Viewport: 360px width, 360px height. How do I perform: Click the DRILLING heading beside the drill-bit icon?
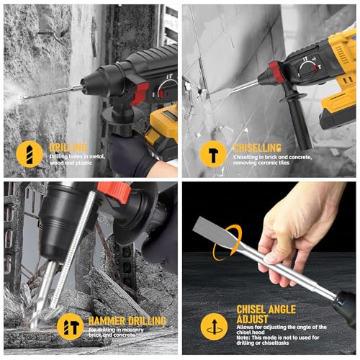click(x=68, y=147)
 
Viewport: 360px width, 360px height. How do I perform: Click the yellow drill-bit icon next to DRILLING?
click(x=27, y=154)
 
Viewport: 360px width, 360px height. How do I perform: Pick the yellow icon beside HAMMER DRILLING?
click(x=70, y=326)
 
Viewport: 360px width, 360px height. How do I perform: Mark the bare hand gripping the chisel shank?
click(x=295, y=230)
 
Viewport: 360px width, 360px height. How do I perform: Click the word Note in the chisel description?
click(x=245, y=341)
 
